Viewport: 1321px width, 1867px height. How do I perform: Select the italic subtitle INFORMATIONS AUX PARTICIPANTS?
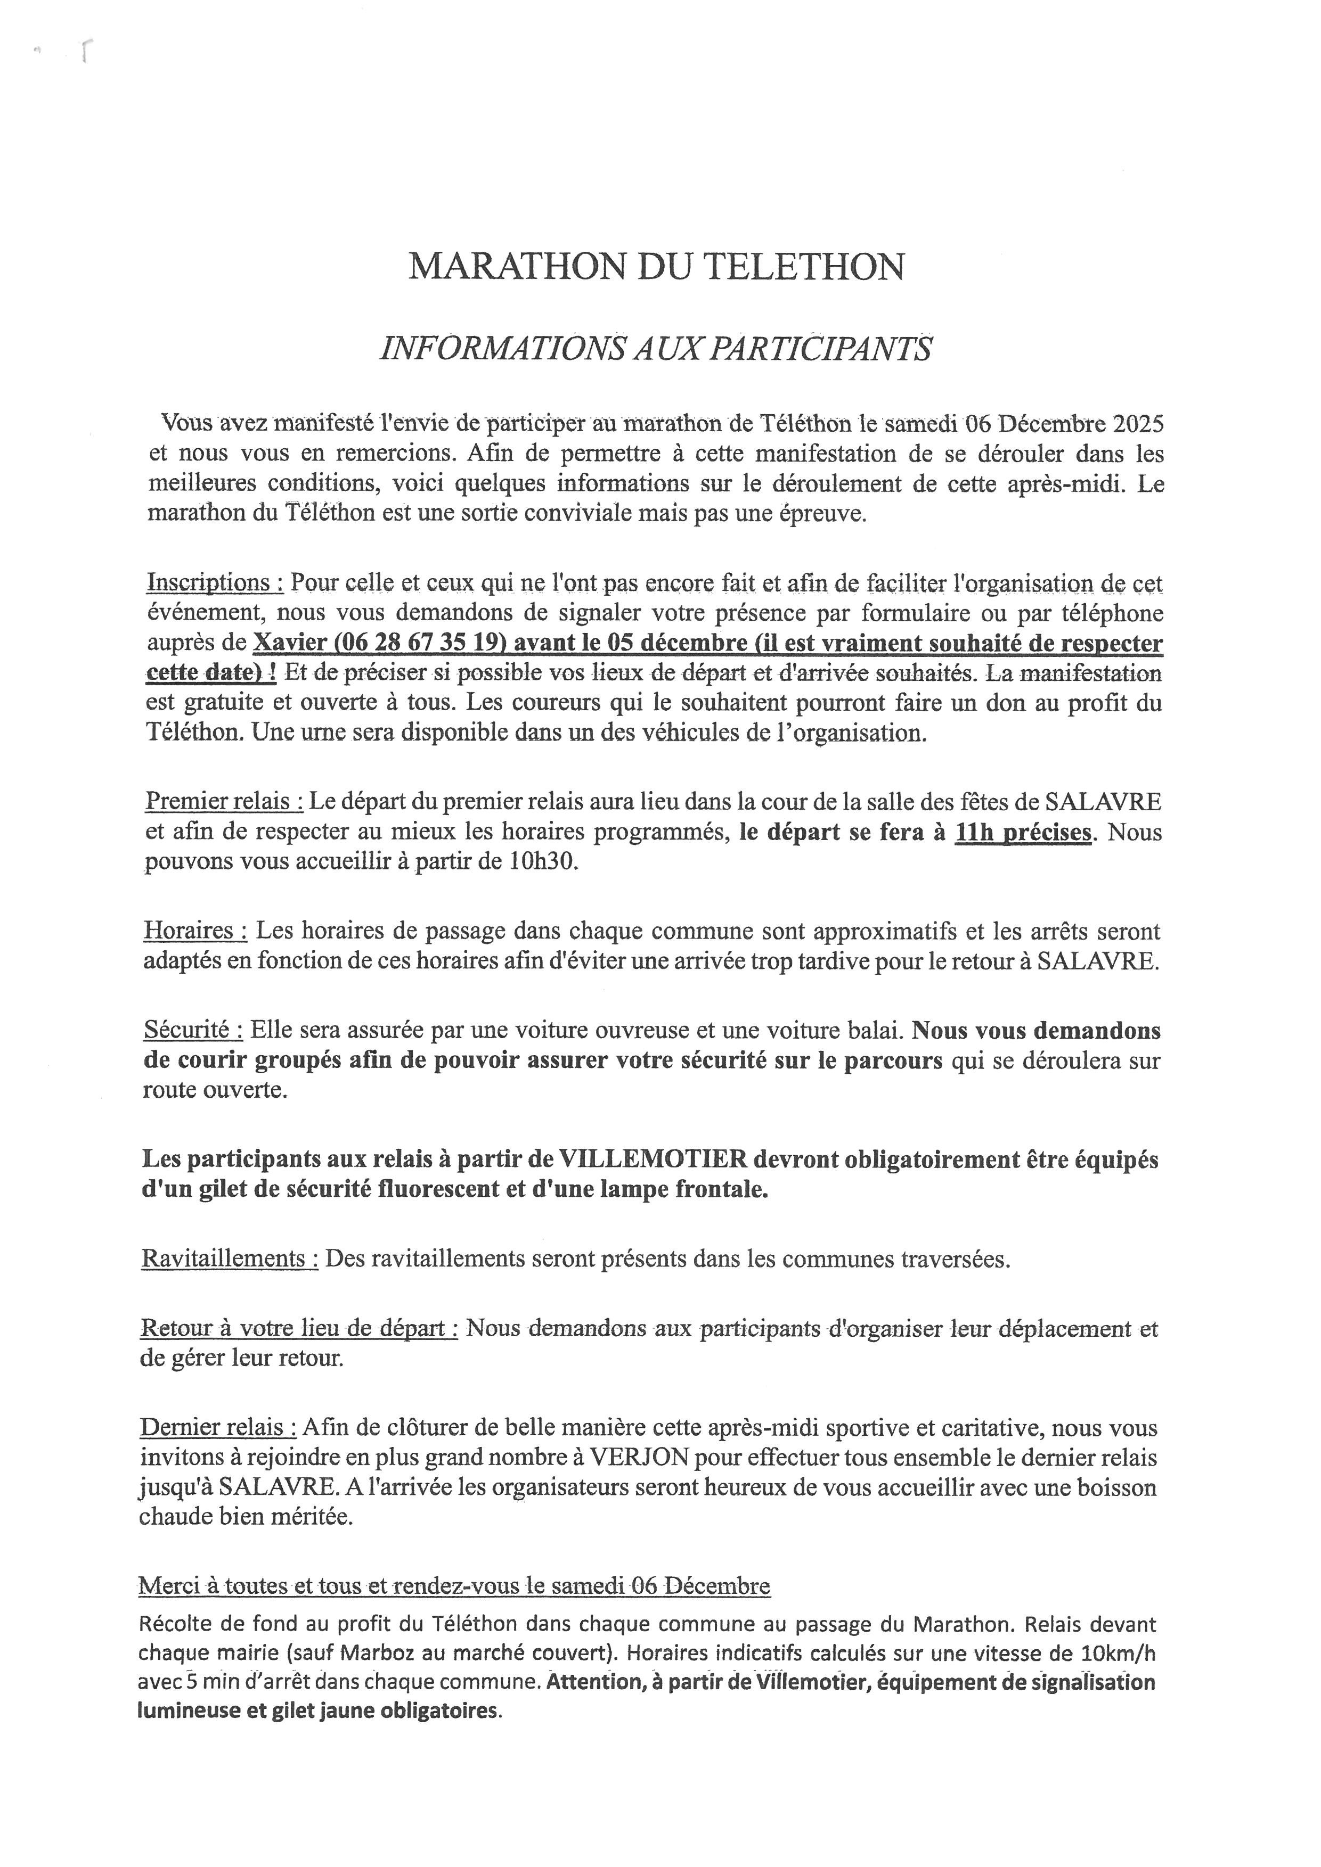(656, 349)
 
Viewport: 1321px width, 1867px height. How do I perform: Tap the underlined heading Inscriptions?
(215, 582)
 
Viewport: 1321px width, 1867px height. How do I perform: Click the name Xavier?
(290, 643)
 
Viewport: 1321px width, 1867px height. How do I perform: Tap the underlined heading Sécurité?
(193, 1030)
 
